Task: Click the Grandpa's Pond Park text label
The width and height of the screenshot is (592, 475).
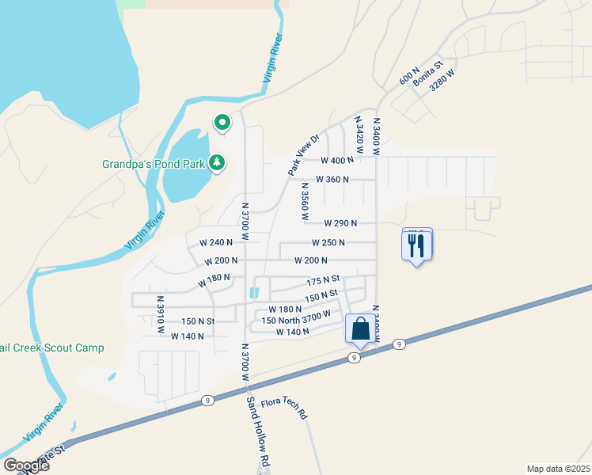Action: tap(154, 165)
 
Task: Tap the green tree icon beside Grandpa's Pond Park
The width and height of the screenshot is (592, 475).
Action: tap(217, 163)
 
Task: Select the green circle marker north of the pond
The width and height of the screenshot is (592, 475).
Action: tap(222, 123)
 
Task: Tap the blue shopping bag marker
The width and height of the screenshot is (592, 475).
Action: tap(360, 329)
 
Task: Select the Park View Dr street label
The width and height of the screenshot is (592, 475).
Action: tap(302, 155)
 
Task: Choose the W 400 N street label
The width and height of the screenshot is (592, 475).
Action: tap(337, 160)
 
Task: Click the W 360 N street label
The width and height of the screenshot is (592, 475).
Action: tap(332, 180)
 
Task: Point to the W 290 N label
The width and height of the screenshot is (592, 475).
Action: tap(340, 224)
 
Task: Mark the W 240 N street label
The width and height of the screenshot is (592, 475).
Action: tap(216, 242)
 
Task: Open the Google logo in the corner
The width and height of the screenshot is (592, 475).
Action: tap(26, 465)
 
